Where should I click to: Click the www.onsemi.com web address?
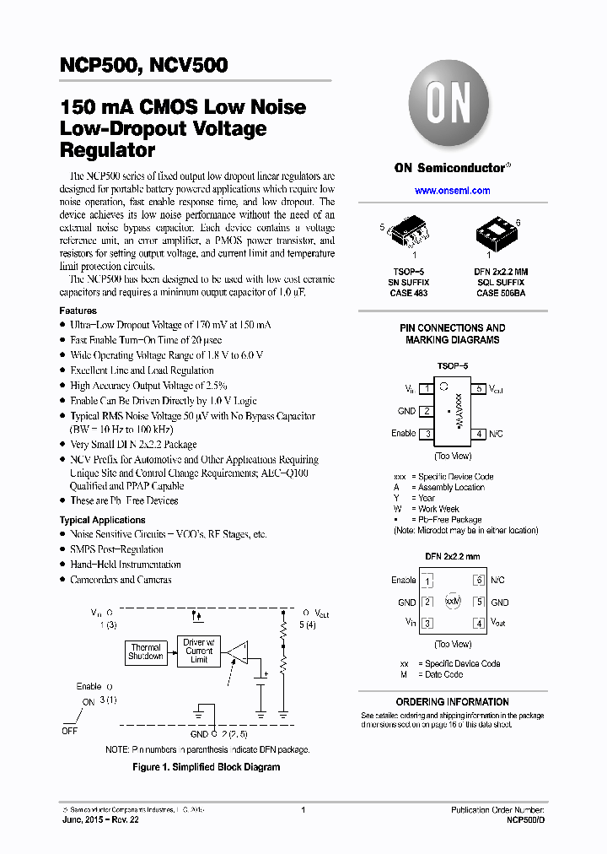453,191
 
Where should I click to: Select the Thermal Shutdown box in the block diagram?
146,652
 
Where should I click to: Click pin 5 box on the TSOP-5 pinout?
479,389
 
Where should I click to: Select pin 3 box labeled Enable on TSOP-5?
427,434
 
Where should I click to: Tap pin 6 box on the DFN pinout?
479,581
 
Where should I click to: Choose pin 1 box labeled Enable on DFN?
427,581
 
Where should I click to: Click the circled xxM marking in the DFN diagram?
454,601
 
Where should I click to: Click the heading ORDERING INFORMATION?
453,702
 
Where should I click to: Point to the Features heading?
78,311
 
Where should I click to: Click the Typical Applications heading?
102,520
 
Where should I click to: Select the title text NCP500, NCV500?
143,66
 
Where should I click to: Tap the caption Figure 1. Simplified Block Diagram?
207,767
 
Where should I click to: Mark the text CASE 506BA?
500,293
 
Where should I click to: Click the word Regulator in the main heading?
107,151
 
